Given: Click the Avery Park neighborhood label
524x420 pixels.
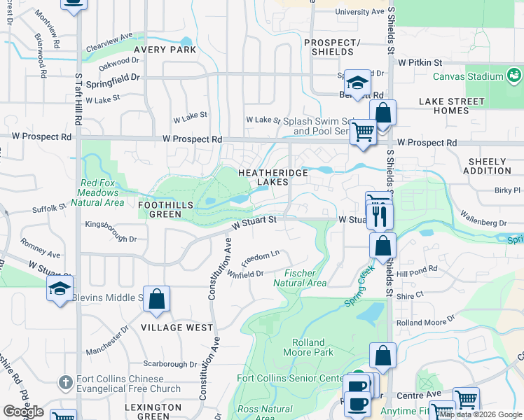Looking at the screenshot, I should point(167,50).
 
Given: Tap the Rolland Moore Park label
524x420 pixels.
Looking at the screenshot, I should point(308,348).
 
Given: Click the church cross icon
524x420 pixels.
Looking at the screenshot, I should point(65,382).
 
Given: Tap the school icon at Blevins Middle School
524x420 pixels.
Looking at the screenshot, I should point(60,288).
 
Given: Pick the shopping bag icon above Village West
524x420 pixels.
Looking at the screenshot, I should point(157,299).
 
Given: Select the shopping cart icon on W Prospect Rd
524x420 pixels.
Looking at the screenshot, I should point(363,131).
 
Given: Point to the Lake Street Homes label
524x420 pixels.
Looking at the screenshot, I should point(453,106).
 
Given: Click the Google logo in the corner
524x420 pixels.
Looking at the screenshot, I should point(23,412).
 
